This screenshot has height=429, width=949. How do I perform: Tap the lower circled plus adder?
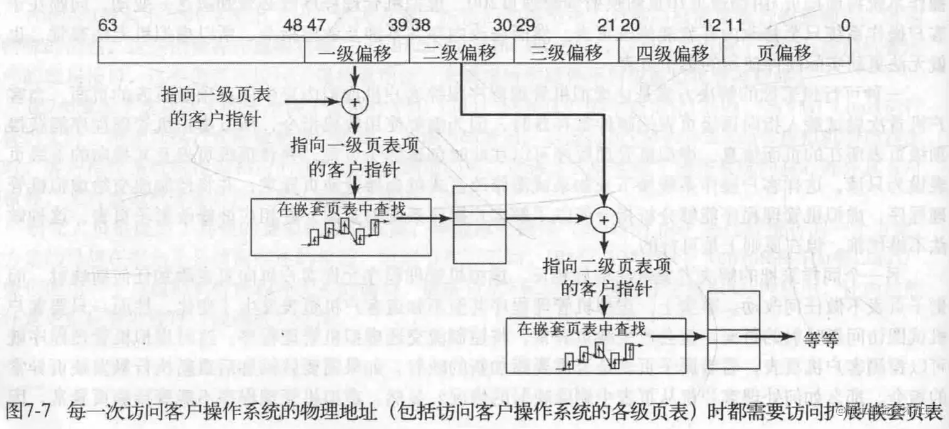pyautogui.click(x=603, y=220)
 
